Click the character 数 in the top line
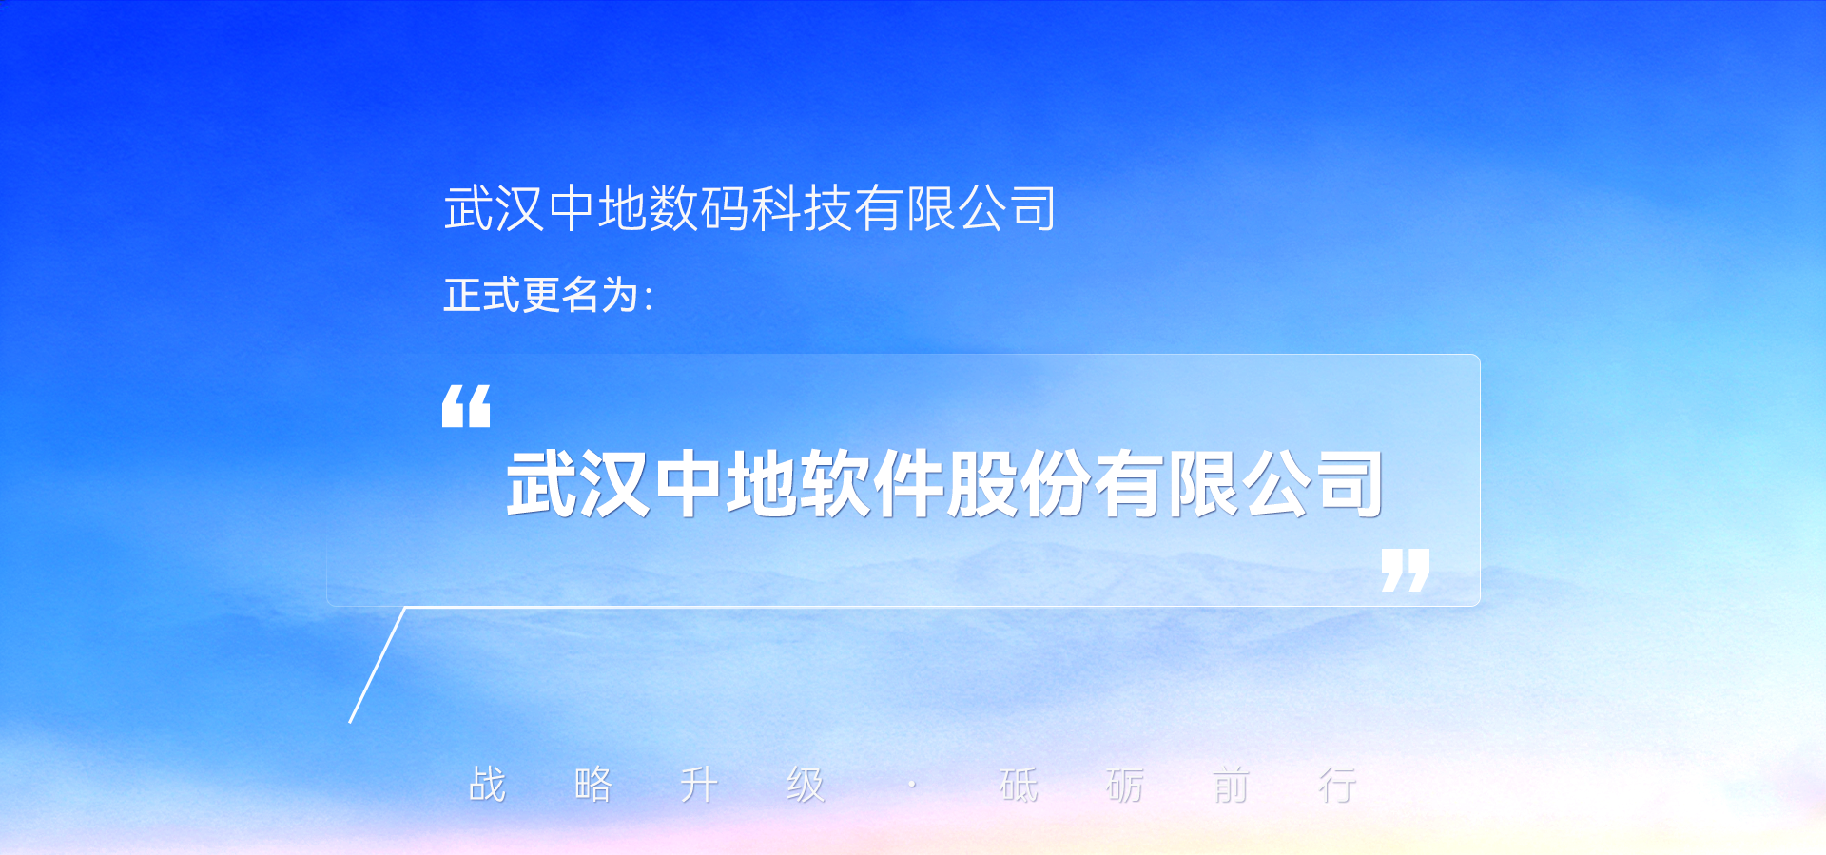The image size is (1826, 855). (674, 208)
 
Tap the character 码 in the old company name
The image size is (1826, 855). (725, 208)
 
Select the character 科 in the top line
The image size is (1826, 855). (776, 208)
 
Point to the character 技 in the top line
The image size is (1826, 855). (827, 208)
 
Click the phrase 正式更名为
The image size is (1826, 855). (541, 295)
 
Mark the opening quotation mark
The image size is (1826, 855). (466, 406)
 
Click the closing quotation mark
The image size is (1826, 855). (1406, 570)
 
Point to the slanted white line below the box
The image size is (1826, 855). (378, 665)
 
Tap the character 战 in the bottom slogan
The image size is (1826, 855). (487, 786)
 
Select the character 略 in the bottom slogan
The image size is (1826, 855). (593, 786)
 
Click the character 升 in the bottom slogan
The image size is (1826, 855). (699, 786)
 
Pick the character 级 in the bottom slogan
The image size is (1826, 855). (806, 786)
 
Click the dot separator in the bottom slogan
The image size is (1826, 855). (912, 786)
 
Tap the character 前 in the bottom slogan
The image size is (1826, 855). (1231, 786)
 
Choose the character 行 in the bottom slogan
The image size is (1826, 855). (1337, 786)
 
